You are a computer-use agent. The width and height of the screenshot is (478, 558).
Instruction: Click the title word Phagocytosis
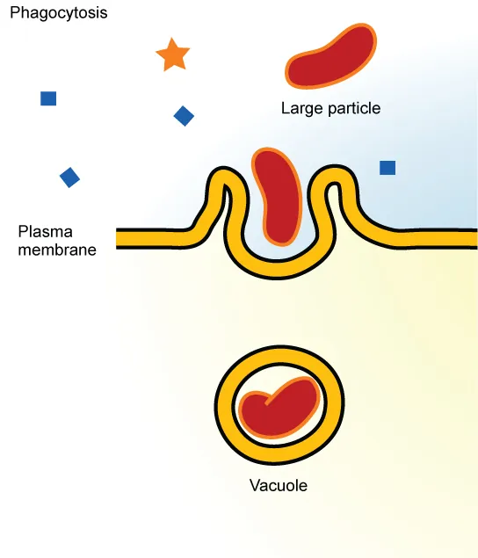[58, 14]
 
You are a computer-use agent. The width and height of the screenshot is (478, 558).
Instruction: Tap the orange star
[172, 55]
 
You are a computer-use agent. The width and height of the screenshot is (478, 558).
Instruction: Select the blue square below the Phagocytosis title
[48, 98]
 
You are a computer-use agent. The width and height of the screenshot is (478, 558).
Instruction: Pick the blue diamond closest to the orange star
[184, 116]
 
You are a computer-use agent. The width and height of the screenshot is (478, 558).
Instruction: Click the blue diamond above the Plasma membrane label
[69, 178]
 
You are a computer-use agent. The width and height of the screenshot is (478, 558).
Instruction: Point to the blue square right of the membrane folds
[387, 167]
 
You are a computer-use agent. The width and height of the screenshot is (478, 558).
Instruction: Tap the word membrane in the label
[56, 249]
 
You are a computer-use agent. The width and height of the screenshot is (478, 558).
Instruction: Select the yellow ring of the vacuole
[226, 404]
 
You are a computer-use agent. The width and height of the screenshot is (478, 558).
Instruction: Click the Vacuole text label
[279, 485]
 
